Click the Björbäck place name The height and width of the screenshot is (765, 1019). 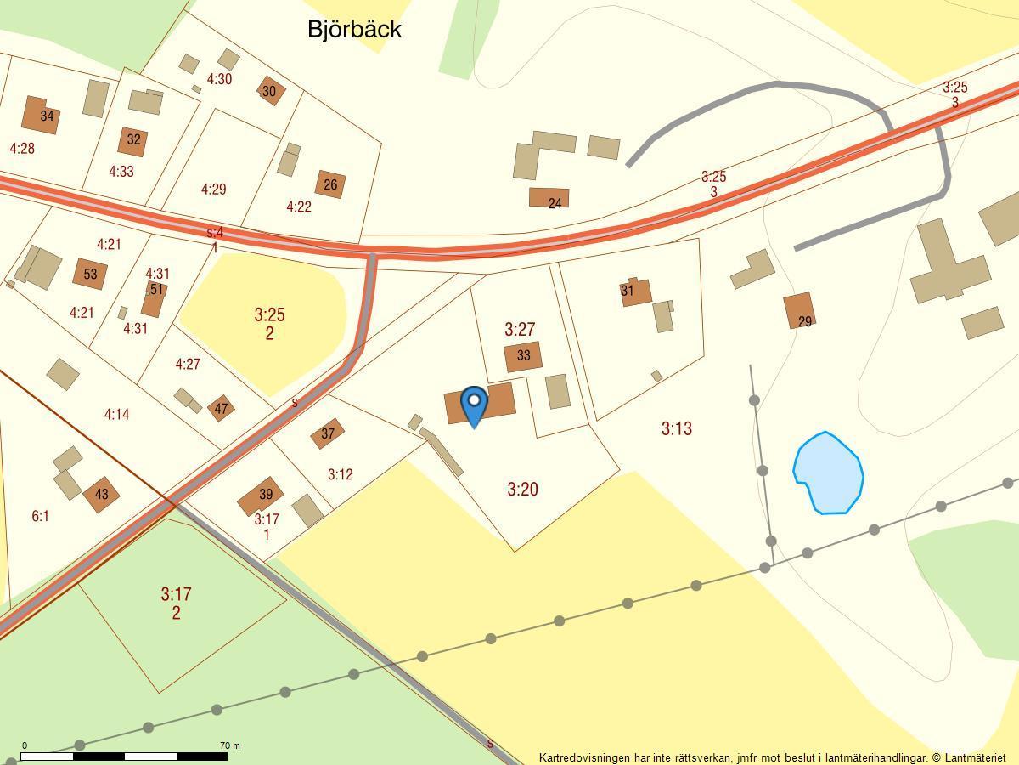(354, 30)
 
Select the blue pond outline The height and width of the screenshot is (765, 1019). (828, 473)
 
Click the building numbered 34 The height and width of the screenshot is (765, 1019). (42, 115)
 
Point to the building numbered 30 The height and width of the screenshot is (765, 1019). (270, 91)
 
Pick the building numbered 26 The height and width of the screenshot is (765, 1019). (330, 184)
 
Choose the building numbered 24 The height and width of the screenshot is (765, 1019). (549, 199)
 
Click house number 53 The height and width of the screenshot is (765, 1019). (89, 274)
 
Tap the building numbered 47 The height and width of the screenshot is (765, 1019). (221, 408)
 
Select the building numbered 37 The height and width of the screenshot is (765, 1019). (327, 433)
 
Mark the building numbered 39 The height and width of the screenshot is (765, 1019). (260, 496)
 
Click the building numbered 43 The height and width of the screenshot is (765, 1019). (101, 494)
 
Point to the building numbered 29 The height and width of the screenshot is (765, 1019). (800, 311)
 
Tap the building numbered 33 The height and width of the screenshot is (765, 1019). (523, 357)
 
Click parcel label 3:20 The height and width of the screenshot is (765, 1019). (523, 489)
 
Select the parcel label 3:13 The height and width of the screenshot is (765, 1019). (677, 428)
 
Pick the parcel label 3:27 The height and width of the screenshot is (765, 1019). (520, 329)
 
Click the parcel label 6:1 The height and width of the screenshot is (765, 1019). (40, 516)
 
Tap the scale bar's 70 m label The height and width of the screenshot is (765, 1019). (229, 745)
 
